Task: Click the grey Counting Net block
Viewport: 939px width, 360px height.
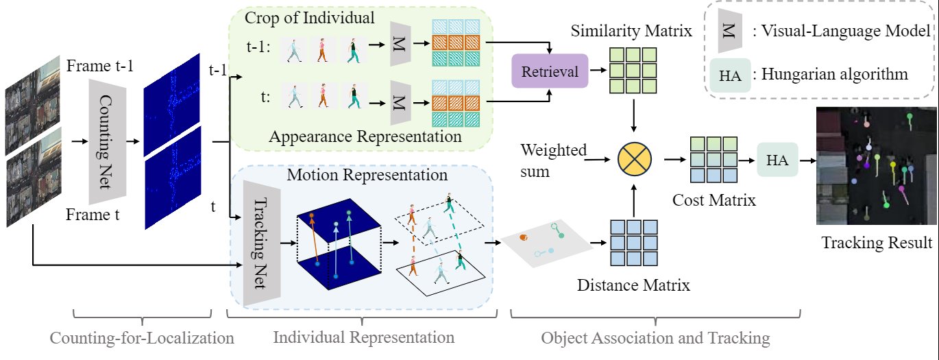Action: [106, 141]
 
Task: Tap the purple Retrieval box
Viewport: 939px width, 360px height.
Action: [550, 71]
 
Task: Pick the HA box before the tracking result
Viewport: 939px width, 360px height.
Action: [778, 160]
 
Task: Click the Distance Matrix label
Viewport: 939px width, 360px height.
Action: [633, 284]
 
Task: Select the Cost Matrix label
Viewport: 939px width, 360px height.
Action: [714, 201]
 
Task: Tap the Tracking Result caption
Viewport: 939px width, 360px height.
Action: [877, 243]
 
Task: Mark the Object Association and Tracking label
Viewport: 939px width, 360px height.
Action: [655, 338]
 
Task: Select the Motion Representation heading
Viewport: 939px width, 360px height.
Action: [367, 175]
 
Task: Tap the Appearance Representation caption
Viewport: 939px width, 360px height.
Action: [365, 136]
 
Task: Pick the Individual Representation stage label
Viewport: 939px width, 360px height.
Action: [363, 338]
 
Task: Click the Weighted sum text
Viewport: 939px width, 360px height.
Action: [554, 160]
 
